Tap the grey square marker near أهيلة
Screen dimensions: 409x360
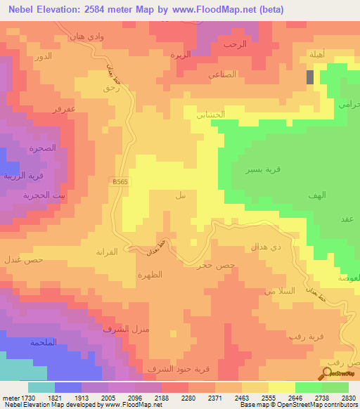310,77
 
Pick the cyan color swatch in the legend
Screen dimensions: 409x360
41,387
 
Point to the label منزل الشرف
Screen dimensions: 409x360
121,329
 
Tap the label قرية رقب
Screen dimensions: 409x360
304,336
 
